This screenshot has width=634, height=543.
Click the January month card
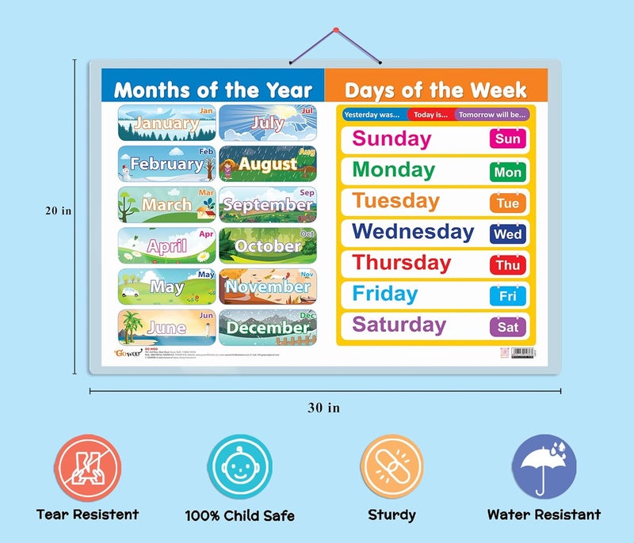[x=166, y=122]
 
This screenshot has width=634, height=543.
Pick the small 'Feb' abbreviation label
[x=206, y=151]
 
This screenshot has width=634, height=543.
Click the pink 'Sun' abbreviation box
[x=507, y=139]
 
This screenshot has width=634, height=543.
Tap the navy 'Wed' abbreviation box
[x=507, y=234]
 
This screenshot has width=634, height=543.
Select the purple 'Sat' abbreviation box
[x=507, y=326]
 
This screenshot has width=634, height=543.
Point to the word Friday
[x=385, y=294]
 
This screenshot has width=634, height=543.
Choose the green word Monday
[x=393, y=169]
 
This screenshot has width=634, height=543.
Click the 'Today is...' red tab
[x=430, y=115]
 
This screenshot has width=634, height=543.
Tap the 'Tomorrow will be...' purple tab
[x=491, y=115]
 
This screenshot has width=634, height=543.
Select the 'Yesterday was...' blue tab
[x=372, y=115]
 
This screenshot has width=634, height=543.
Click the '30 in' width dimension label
[x=323, y=408]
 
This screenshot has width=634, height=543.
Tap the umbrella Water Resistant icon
[x=544, y=466]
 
